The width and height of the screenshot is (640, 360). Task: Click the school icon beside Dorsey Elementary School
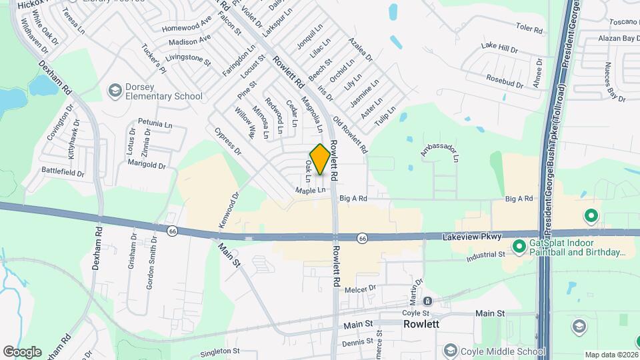pos(116,90)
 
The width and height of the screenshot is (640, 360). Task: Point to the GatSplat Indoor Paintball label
pos(577,249)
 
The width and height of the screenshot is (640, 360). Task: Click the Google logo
pos(22,351)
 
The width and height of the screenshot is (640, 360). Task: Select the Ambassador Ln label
pos(439,151)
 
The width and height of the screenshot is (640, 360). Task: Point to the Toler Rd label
pos(531,27)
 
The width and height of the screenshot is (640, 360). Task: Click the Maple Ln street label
pos(311,191)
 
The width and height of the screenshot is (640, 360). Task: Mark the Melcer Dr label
pos(361,289)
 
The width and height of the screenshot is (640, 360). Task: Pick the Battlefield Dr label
pos(63,173)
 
